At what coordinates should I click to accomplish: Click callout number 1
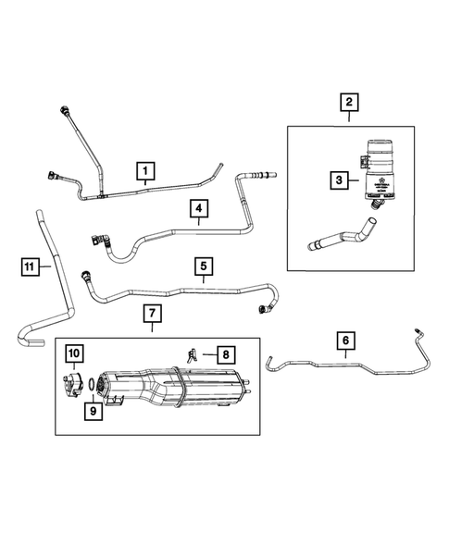pos(144,170)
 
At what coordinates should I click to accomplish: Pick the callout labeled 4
pos(198,211)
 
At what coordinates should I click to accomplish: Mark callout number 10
pos(73,353)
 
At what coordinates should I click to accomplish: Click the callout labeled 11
pos(31,267)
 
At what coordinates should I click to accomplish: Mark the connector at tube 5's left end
pos(87,275)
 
